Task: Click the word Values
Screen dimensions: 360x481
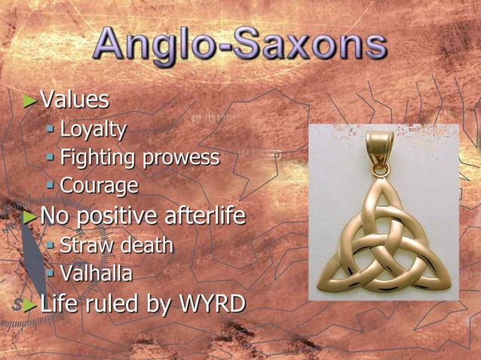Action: (75, 100)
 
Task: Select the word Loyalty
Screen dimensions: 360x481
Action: (93, 130)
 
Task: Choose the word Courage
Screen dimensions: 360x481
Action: (99, 185)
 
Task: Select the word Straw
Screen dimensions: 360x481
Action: (84, 246)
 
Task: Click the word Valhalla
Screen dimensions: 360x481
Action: (96, 273)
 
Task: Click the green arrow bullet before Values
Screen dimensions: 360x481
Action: (30, 101)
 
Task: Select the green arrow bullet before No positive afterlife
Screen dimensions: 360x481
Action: (30, 217)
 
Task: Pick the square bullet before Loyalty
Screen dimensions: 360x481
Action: (51, 130)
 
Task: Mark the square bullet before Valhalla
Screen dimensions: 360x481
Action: (51, 273)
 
